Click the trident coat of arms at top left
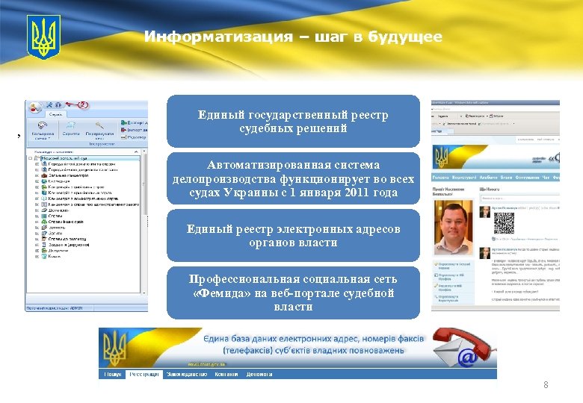pyautogui.click(x=43, y=37)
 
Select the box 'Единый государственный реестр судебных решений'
pyautogui.click(x=293, y=122)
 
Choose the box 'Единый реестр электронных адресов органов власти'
pyautogui.click(x=293, y=236)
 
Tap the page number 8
pyautogui.click(x=546, y=385)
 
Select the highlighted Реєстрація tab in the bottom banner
pyautogui.click(x=144, y=374)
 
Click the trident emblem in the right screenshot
pyautogui.click(x=441, y=157)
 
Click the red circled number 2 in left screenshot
pyautogui.click(x=84, y=105)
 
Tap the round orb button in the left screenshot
pyautogui.click(x=35, y=108)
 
